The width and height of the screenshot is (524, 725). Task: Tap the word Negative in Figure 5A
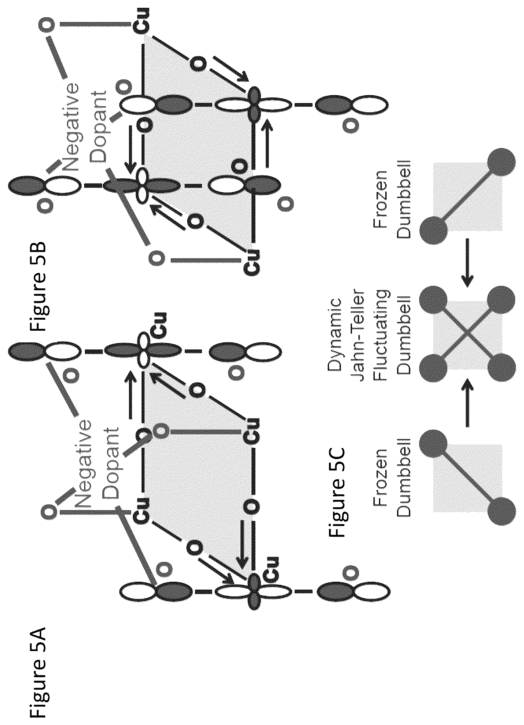pyautogui.click(x=82, y=465)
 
